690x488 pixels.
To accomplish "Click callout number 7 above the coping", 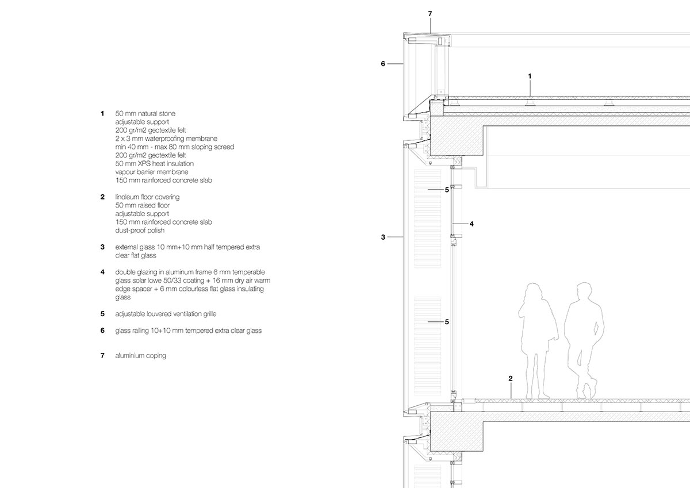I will [429, 13].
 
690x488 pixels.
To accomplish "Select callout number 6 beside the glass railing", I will [383, 64].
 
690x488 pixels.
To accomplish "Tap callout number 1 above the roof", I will [530, 76].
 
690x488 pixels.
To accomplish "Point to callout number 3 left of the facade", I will [383, 237].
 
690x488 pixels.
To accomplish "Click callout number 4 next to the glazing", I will [471, 224].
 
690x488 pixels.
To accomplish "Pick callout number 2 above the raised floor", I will [510, 378].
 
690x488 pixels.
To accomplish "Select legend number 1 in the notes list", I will [102, 113].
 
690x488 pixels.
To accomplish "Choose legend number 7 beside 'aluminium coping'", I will [102, 356].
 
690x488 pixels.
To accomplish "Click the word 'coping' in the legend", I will [156, 356].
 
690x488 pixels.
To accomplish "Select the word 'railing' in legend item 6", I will [143, 331].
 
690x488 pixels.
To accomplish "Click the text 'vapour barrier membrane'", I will [151, 172].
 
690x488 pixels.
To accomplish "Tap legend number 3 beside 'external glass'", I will [102, 247].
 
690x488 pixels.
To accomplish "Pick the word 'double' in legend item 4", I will [125, 272].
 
